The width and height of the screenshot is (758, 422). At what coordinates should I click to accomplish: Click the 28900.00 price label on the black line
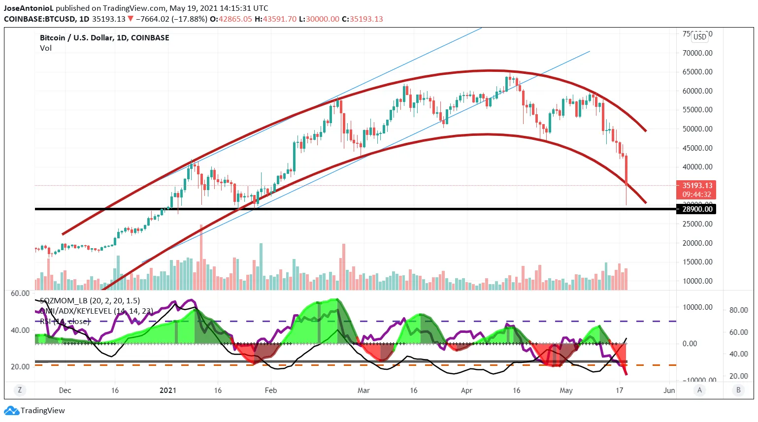pyautogui.click(x=697, y=209)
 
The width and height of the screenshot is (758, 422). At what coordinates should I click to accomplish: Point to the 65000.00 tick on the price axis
pyautogui.click(x=697, y=72)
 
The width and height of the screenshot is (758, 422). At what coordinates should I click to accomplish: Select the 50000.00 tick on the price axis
pyautogui.click(x=697, y=129)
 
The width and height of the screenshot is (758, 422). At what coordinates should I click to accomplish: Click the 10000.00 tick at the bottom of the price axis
pyautogui.click(x=697, y=281)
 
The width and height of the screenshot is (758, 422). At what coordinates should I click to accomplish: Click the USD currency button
pyautogui.click(x=699, y=37)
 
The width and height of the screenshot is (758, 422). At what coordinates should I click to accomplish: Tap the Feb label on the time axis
pyautogui.click(x=271, y=390)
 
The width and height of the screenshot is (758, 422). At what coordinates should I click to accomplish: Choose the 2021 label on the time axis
pyautogui.click(x=168, y=390)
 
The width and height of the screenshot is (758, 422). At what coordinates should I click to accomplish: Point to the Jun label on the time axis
pyautogui.click(x=669, y=390)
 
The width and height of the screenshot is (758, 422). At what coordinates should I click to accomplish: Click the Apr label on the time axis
pyautogui.click(x=466, y=390)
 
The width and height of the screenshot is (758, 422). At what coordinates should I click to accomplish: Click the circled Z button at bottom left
pyautogui.click(x=20, y=390)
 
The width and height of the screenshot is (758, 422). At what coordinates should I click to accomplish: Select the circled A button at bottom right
pyautogui.click(x=699, y=390)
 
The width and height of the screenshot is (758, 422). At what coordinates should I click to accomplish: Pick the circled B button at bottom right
pyautogui.click(x=738, y=390)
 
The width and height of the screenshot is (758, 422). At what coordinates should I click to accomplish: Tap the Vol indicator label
pyautogui.click(x=46, y=48)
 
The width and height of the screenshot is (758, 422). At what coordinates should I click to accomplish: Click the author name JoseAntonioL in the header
pyautogui.click(x=29, y=8)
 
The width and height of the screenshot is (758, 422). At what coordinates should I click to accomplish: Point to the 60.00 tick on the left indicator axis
pyautogui.click(x=20, y=293)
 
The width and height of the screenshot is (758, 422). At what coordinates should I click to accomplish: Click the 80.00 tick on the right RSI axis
pyautogui.click(x=738, y=310)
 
